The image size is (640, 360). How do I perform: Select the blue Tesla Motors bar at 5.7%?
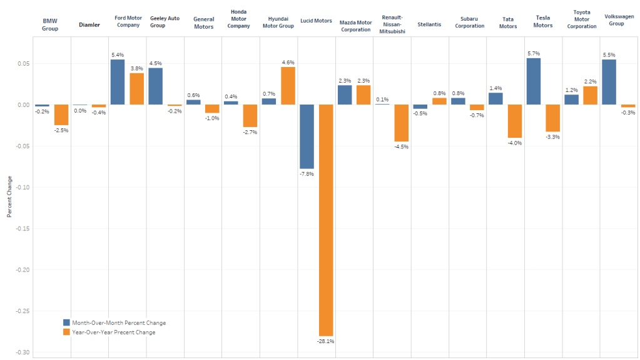point(533,81)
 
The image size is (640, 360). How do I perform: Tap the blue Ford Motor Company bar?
point(118,82)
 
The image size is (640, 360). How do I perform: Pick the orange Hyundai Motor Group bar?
point(288,86)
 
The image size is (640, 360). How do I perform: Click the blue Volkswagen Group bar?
point(609,82)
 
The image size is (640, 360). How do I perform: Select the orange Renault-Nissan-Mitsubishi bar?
point(401,123)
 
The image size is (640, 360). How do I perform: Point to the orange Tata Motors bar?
point(514,121)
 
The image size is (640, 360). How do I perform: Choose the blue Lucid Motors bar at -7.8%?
point(307,136)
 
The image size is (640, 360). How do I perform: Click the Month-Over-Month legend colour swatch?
point(66,323)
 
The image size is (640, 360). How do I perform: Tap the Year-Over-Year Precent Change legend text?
point(114,332)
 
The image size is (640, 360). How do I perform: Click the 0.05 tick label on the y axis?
point(23,64)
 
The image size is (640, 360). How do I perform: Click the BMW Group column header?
point(50,24)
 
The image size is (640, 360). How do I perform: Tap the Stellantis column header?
point(429,25)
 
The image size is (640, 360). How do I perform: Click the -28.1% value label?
point(325,342)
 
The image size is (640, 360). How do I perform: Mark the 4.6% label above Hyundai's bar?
point(288,62)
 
